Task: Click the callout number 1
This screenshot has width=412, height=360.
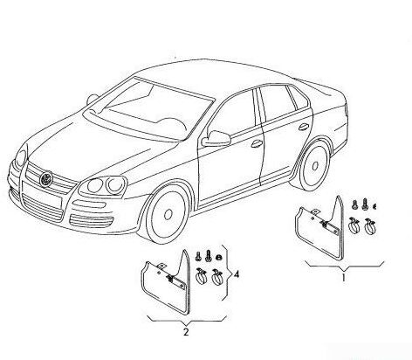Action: (x=343, y=277)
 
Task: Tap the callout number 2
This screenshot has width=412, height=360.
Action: (x=186, y=332)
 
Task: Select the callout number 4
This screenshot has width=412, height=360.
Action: (x=237, y=274)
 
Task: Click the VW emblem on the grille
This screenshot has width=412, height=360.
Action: (x=45, y=179)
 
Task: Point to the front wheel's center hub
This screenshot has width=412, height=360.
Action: (x=168, y=215)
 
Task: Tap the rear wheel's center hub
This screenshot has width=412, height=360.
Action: (x=315, y=166)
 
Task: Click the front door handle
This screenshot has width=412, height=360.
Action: (x=257, y=143)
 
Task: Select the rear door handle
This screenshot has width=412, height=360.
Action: (x=304, y=127)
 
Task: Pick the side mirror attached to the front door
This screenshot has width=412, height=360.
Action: (x=216, y=139)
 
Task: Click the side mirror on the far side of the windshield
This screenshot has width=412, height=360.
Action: (x=92, y=100)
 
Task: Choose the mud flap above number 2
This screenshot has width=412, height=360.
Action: (x=166, y=282)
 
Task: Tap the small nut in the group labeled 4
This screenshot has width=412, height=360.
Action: (x=218, y=257)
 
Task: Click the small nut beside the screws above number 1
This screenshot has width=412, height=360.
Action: (x=374, y=206)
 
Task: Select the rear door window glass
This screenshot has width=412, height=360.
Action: (x=277, y=102)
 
